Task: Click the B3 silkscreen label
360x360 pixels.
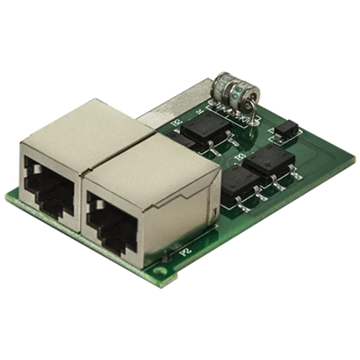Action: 239,156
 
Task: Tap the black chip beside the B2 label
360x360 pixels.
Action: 205,129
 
